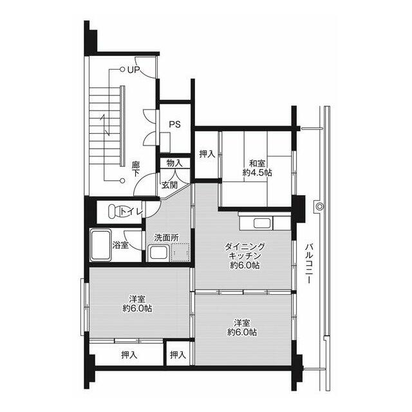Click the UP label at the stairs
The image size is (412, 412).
pos(134,70)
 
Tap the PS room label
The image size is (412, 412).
pos(174,124)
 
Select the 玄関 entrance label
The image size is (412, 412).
pos(169,185)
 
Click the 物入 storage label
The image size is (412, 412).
pos(174,163)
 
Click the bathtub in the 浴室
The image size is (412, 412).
pos(100,246)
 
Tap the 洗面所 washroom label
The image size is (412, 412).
pos(166,238)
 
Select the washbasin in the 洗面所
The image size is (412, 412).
pos(158,253)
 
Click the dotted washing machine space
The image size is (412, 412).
pos(180,252)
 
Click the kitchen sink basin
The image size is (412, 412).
pos(262,223)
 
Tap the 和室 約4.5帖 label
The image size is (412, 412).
pos(257,168)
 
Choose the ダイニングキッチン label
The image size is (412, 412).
pos(245,252)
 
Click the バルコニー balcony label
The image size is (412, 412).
pos(309,263)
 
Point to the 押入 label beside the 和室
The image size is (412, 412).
pos(207,154)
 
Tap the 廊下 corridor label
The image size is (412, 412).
pos(136,169)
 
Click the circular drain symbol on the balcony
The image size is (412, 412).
pos(319,206)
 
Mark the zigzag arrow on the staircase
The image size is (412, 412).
pos(105,125)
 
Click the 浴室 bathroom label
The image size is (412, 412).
pos(120,245)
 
